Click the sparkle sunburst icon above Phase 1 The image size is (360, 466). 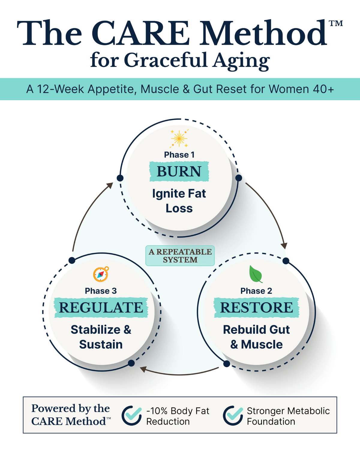pos(179,138)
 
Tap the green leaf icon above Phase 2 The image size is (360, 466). pos(256,274)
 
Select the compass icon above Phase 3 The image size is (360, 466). pos(101,274)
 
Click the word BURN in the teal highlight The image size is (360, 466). pos(179,171)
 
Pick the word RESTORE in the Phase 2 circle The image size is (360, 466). pos(256,308)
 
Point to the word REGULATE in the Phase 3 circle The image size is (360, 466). pos(101,308)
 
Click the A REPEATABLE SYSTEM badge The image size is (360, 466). pos(180,256)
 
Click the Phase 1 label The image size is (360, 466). pos(179,155)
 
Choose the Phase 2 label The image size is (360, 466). pos(256,291)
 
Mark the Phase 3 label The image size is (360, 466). pos(101,291)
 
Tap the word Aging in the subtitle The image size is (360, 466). pos(241,61)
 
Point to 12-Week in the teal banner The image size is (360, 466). pos(61,89)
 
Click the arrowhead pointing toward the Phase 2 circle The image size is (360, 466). pos(284,245)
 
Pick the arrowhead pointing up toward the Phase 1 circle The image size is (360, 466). pos(110,185)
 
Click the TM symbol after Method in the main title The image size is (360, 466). pos(336,23)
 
